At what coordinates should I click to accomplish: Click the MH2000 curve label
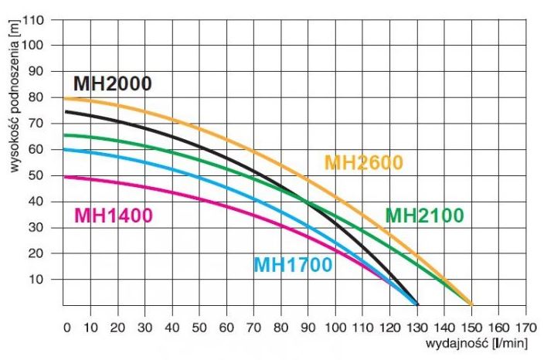coord(112,83)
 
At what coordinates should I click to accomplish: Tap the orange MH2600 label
coord(364,163)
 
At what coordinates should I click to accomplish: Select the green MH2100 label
coord(424,215)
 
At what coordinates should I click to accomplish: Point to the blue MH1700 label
coord(293,265)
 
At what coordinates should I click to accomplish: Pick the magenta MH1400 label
coord(113,216)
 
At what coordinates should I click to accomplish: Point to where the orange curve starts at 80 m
coord(64,99)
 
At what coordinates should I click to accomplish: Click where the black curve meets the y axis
coord(64,111)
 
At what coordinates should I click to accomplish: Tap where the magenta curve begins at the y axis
coord(64,177)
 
